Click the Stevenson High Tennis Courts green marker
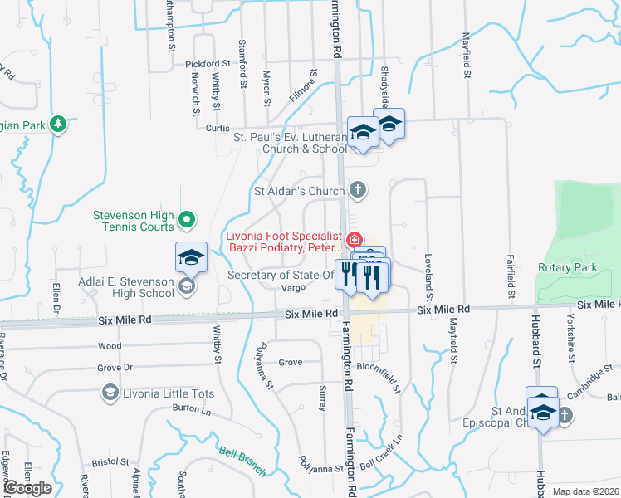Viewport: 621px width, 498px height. (187, 220)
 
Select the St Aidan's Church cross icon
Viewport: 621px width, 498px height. (358, 191)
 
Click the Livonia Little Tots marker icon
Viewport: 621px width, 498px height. (110, 392)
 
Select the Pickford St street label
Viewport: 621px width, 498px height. (208, 63)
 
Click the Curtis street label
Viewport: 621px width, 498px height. (217, 128)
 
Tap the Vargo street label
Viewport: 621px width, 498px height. (294, 287)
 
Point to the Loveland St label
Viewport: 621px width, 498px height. (429, 276)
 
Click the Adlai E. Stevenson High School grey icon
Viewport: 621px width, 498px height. (187, 286)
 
